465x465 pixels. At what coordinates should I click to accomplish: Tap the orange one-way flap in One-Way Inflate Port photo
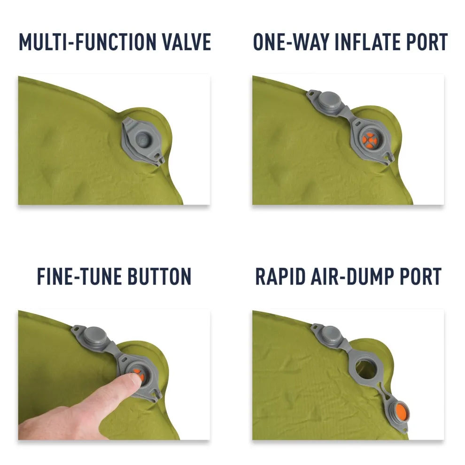point(372,139)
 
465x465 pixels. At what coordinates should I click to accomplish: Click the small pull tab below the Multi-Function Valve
point(159,161)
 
